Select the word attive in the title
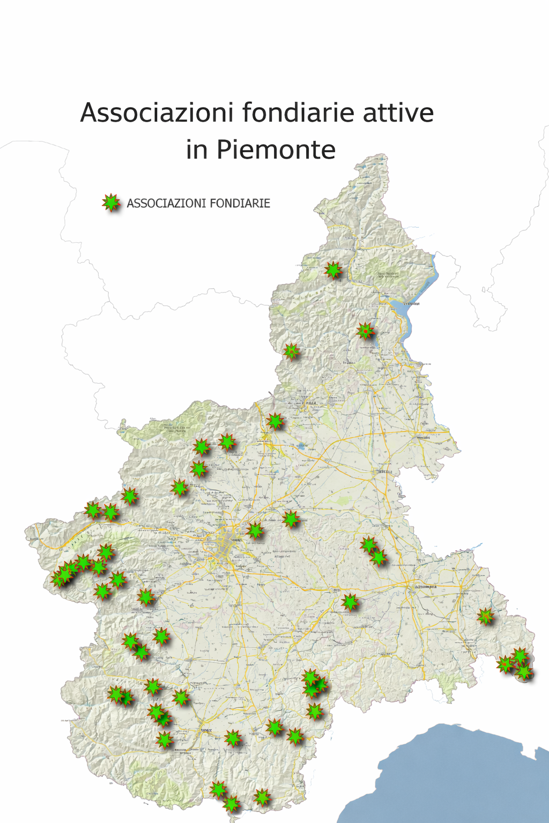[398, 113]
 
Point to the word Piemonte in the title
[276, 150]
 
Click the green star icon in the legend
[111, 203]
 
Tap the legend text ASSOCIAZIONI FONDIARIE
[198, 204]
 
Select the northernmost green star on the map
[333, 270]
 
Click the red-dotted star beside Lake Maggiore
[366, 331]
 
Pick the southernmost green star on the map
[231, 804]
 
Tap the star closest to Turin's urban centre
[255, 530]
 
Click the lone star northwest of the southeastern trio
[486, 616]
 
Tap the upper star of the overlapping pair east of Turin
[369, 545]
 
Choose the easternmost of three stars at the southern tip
[262, 797]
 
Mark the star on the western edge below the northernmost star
[291, 351]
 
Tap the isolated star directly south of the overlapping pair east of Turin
[350, 602]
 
